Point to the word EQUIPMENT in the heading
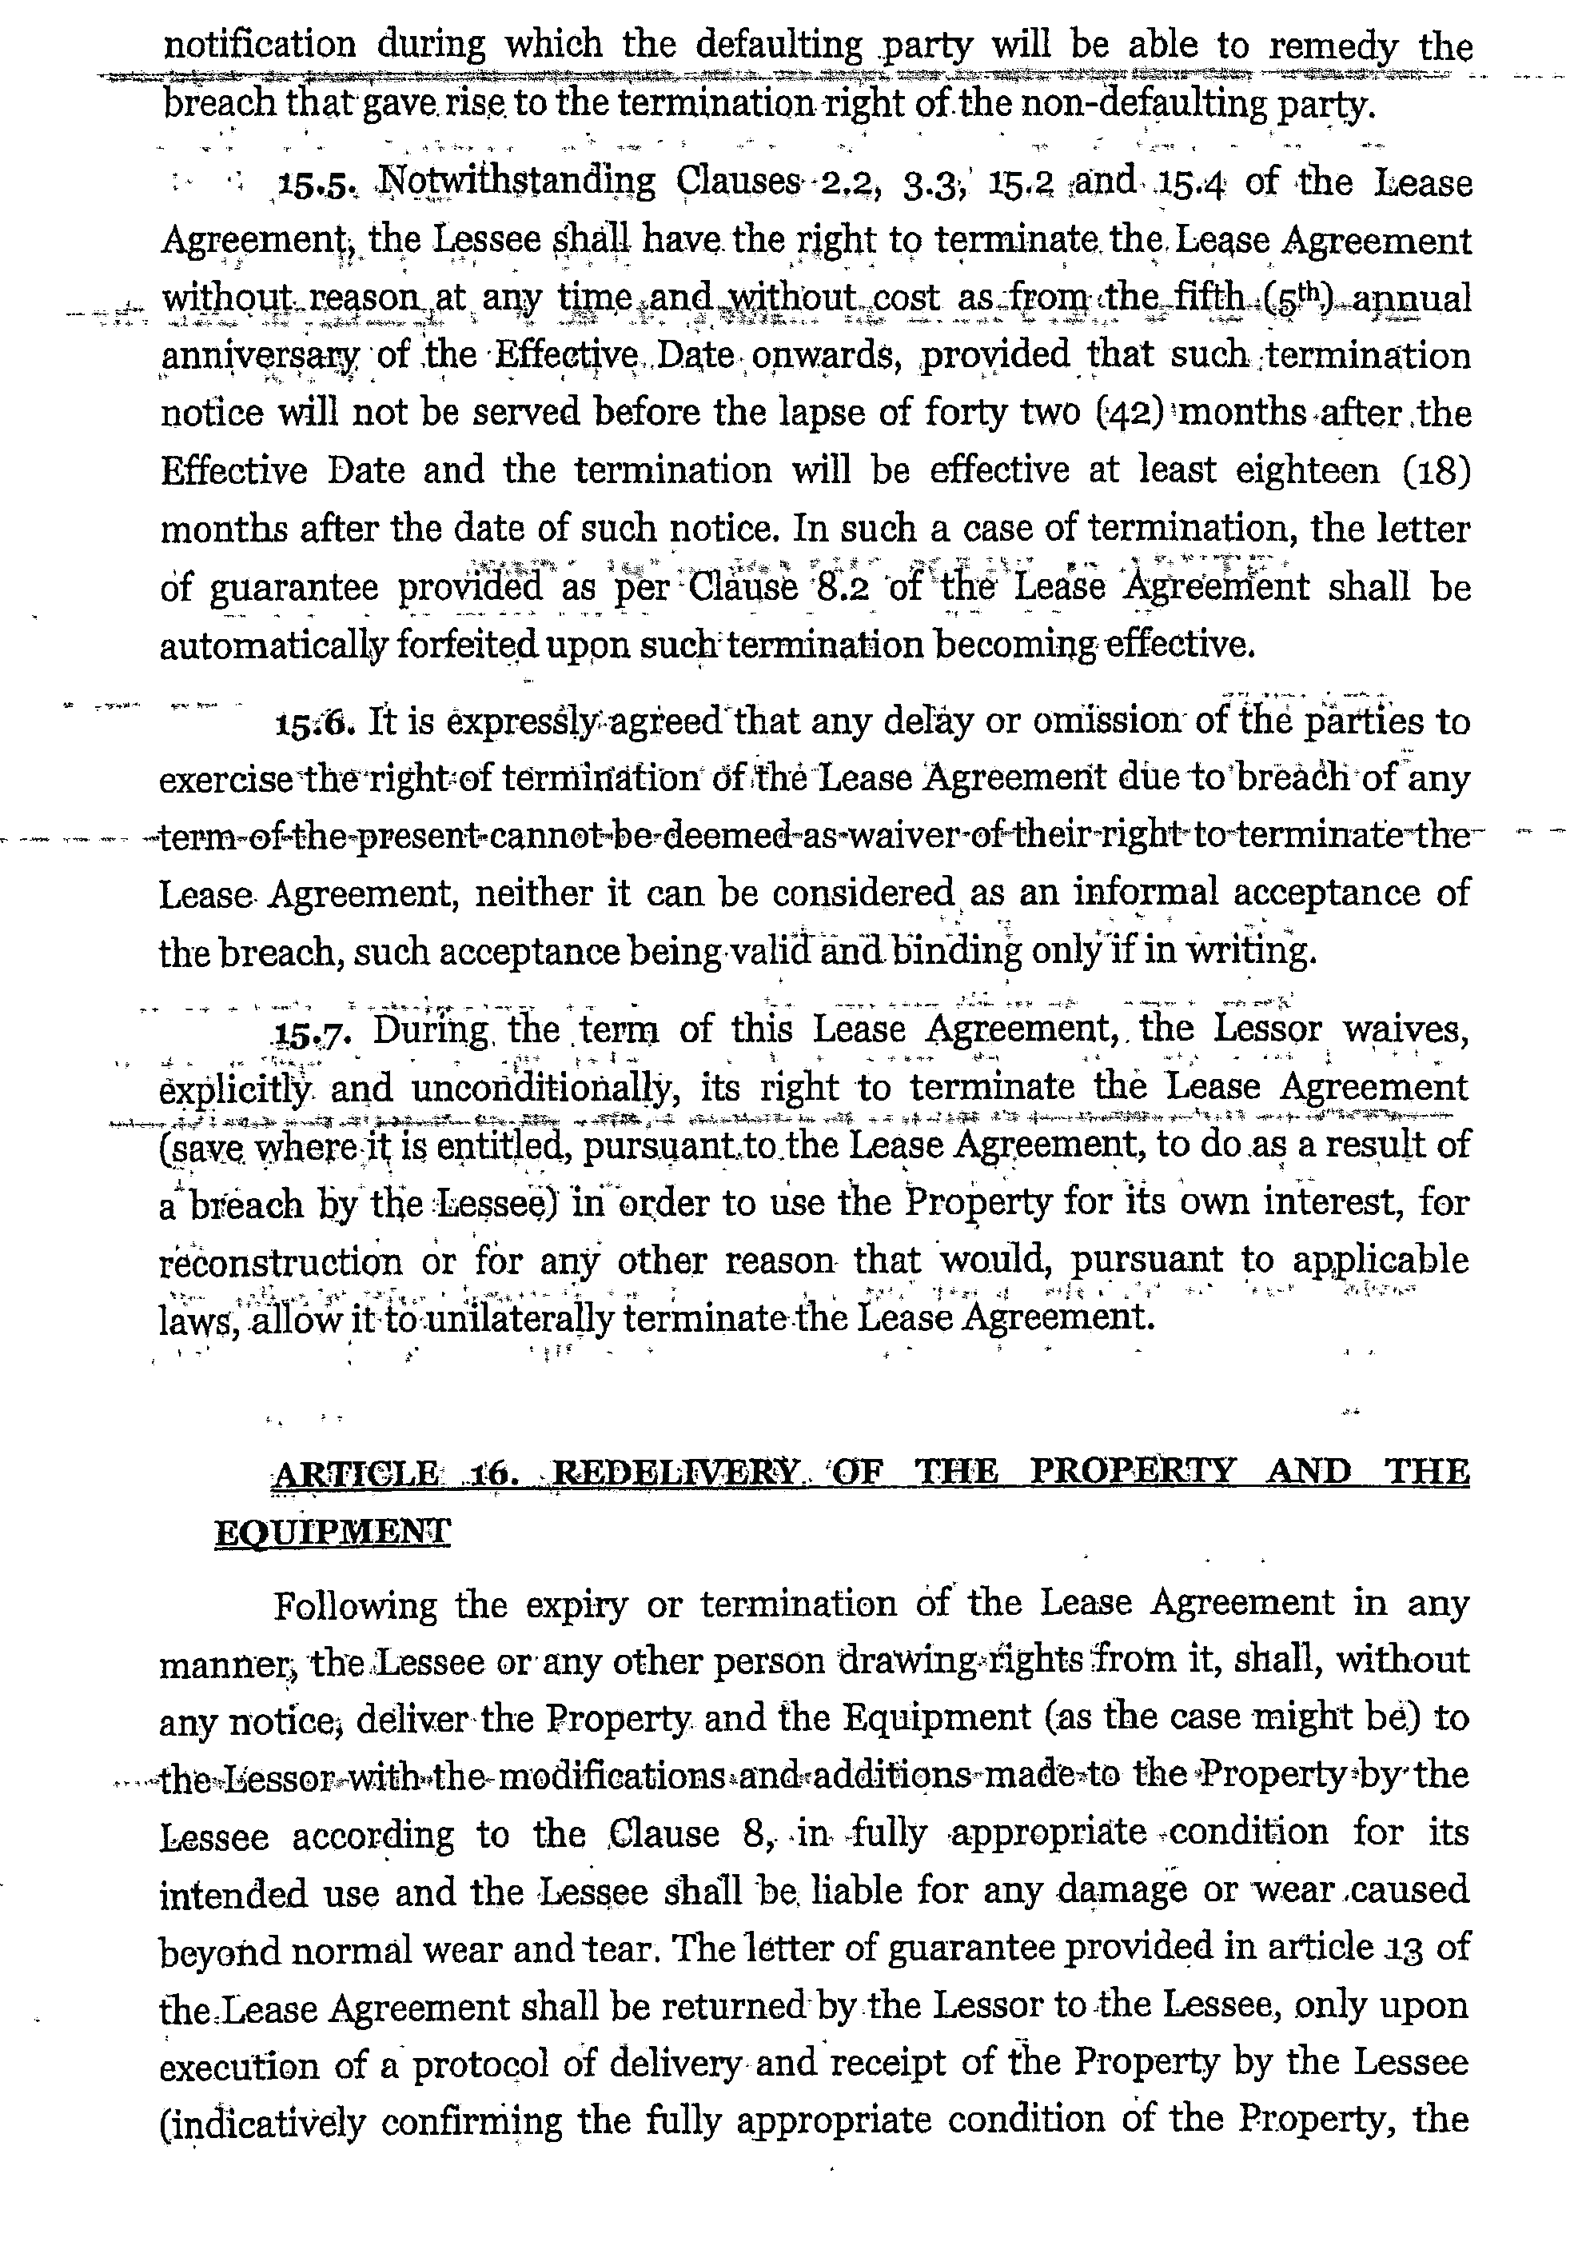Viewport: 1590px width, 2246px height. (332, 1531)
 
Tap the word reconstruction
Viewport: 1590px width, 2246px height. (281, 1261)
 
